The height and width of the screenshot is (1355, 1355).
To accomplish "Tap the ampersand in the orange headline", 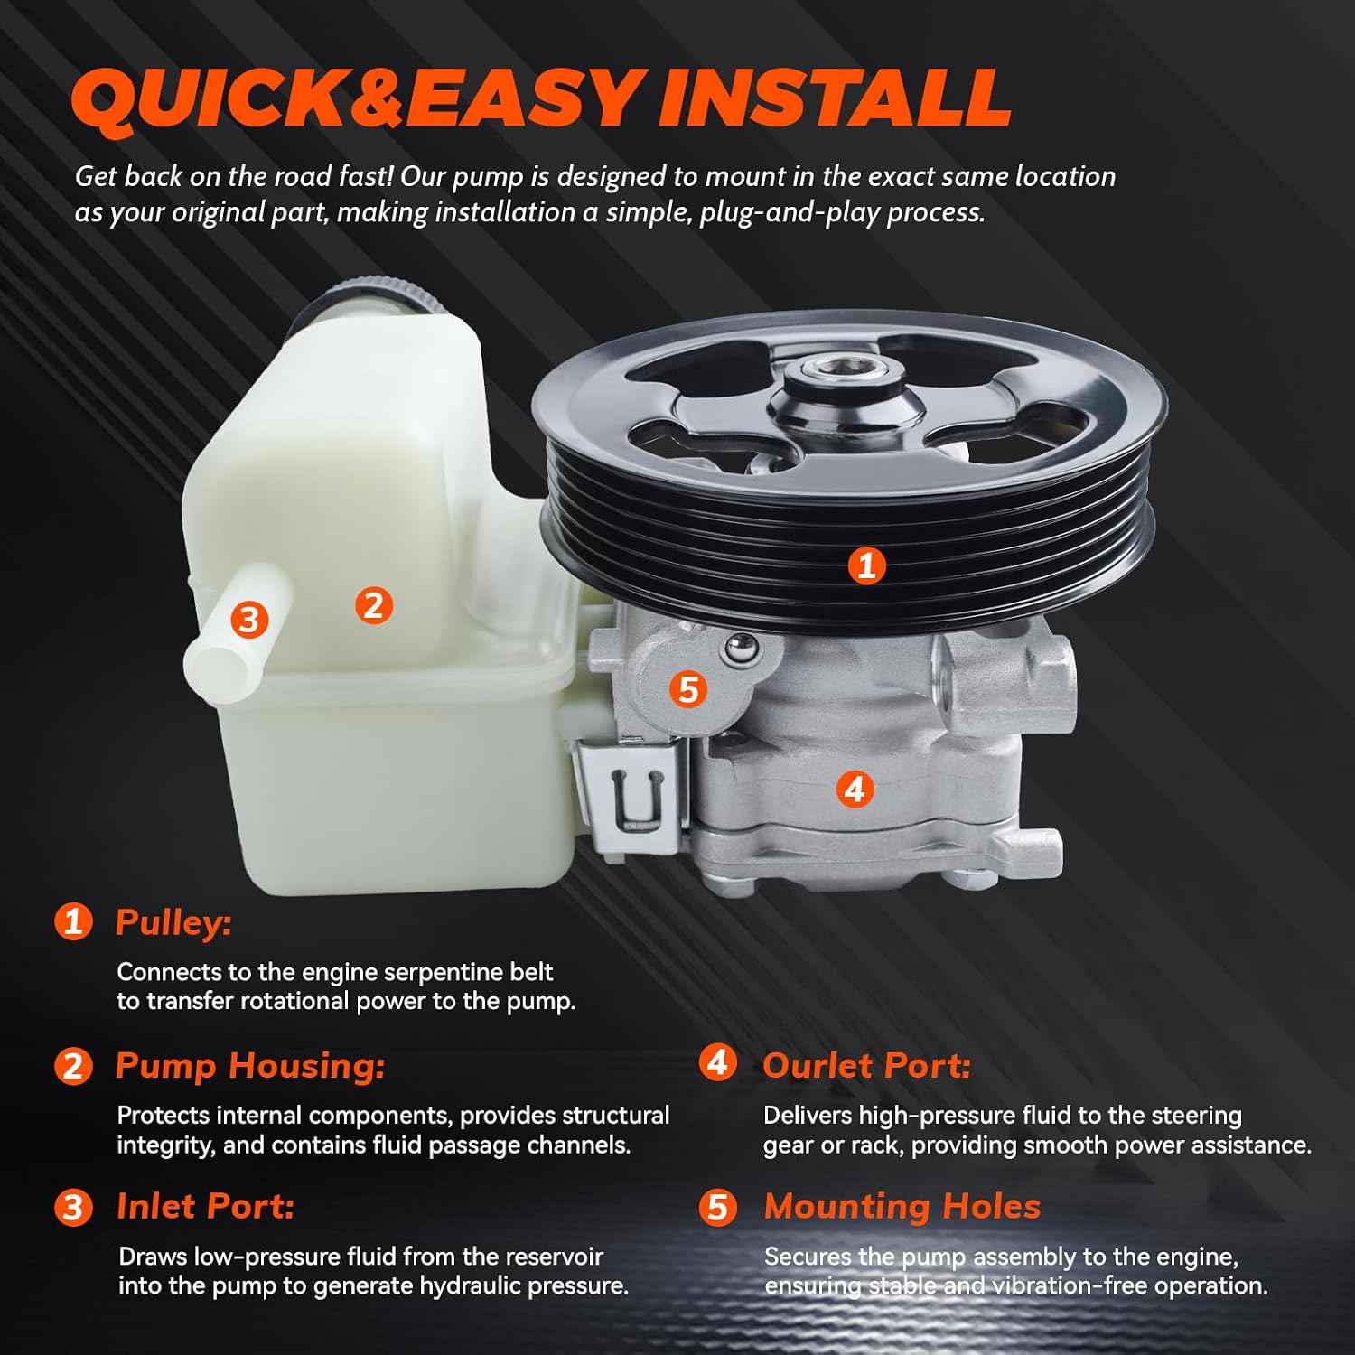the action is (x=377, y=98).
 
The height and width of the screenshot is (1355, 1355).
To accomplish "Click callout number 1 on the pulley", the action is (x=866, y=565).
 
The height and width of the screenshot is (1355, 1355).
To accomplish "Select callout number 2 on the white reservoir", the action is (x=373, y=604).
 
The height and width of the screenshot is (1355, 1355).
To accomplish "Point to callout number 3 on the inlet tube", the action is (x=249, y=620).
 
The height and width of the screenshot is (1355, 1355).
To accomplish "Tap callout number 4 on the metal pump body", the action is (x=855, y=789).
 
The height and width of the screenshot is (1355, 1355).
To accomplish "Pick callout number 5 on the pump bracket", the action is (x=688, y=689).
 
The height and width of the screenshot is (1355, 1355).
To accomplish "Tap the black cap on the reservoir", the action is (x=366, y=295).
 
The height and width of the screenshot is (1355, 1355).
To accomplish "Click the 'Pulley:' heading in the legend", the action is (x=173, y=923).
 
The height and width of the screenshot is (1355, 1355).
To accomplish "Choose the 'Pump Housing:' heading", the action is (x=250, y=1066).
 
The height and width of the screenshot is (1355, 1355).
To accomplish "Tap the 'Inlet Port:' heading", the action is (x=206, y=1207).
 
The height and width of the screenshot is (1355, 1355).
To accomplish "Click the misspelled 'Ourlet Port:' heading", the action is (x=867, y=1066).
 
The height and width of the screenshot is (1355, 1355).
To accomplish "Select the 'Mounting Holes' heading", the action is (x=902, y=1207).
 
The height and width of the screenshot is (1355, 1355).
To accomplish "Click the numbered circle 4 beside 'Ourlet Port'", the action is (x=717, y=1062).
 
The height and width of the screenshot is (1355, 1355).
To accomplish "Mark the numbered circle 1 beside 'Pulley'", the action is (x=73, y=921).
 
